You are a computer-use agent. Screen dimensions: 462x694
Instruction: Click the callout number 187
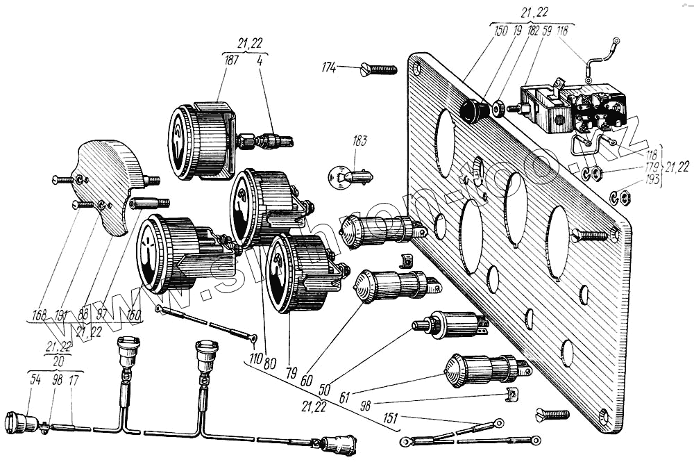point(232,60)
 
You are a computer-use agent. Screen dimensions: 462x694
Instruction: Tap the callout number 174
point(329,67)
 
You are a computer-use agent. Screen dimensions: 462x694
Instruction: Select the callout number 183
point(359,141)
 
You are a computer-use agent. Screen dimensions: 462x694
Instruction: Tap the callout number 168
point(39,315)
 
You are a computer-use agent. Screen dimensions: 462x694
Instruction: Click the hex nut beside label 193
point(623,199)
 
